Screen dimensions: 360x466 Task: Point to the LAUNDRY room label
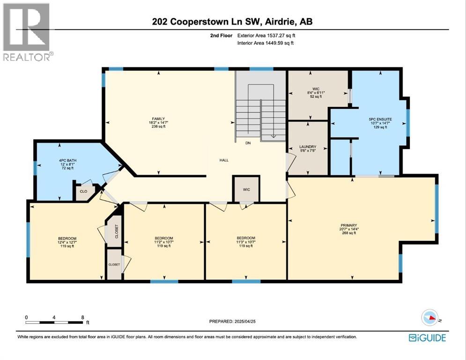pyautogui.click(x=308, y=147)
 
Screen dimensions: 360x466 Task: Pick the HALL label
pyautogui.click(x=224, y=160)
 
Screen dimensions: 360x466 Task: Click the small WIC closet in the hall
pyautogui.click(x=246, y=189)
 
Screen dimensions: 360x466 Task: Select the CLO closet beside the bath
pyautogui.click(x=83, y=191)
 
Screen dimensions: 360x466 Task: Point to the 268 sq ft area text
pyautogui.click(x=348, y=233)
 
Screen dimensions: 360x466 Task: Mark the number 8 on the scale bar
pyautogui.click(x=83, y=317)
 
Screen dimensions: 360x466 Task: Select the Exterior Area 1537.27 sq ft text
pyautogui.click(x=266, y=35)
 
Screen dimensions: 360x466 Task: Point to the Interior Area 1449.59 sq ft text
pyautogui.click(x=266, y=44)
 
